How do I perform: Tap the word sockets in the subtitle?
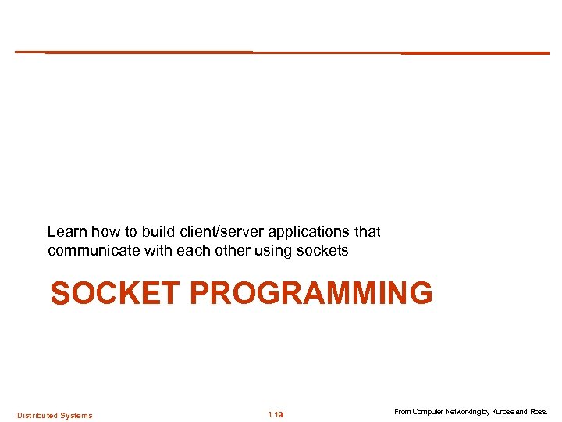click(323, 251)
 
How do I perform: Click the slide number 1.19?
click(275, 415)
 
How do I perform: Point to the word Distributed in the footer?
click(37, 415)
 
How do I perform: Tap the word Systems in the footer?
click(76, 415)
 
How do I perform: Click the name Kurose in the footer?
click(500, 412)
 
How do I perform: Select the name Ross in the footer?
click(538, 412)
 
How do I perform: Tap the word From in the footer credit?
click(402, 412)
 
